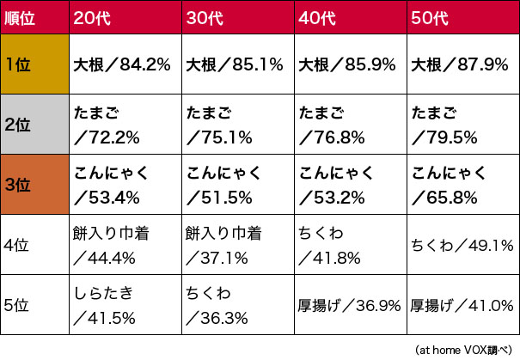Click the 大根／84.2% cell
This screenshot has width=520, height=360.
[x=125, y=64]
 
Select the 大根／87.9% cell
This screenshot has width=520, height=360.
[x=462, y=64]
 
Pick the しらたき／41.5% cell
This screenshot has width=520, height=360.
[x=125, y=305]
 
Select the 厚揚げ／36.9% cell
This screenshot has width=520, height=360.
[x=350, y=305]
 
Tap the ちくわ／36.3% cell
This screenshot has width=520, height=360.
[x=237, y=305]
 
